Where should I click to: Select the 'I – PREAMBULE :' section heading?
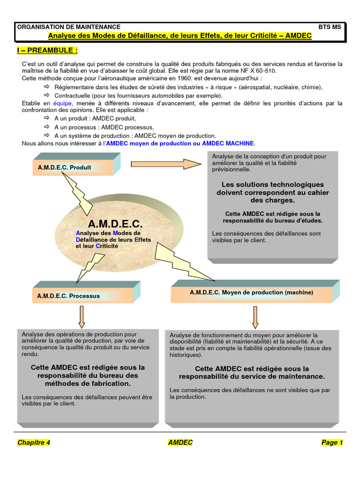click(47, 50)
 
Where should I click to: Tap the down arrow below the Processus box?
click(82, 317)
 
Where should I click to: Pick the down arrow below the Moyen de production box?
click(255, 317)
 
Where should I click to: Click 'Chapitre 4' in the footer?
click(33, 442)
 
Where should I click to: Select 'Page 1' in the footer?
click(332, 442)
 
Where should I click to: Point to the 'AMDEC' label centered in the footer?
click(180, 442)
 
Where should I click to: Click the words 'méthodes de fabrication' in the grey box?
click(88, 383)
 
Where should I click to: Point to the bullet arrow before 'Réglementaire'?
click(46, 87)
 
